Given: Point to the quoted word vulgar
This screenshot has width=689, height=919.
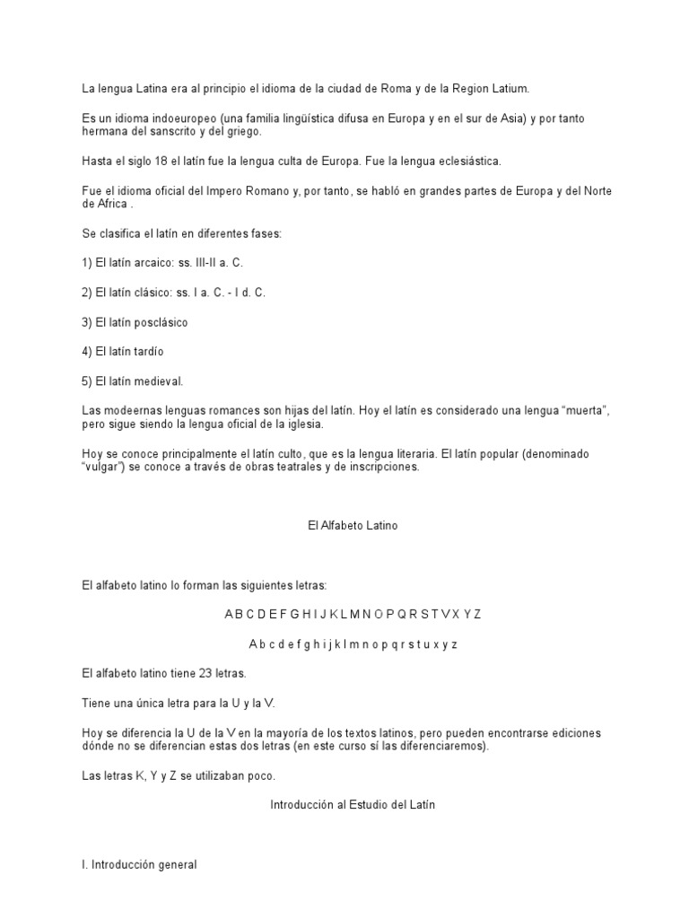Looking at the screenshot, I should click(100, 468).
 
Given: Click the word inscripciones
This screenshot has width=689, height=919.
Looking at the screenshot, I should click(378, 468).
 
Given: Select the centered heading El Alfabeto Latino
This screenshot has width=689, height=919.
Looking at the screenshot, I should click(352, 526).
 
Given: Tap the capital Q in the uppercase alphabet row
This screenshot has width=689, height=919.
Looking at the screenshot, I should click(399, 614).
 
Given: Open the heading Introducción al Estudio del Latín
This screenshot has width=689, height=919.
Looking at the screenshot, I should click(353, 805).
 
